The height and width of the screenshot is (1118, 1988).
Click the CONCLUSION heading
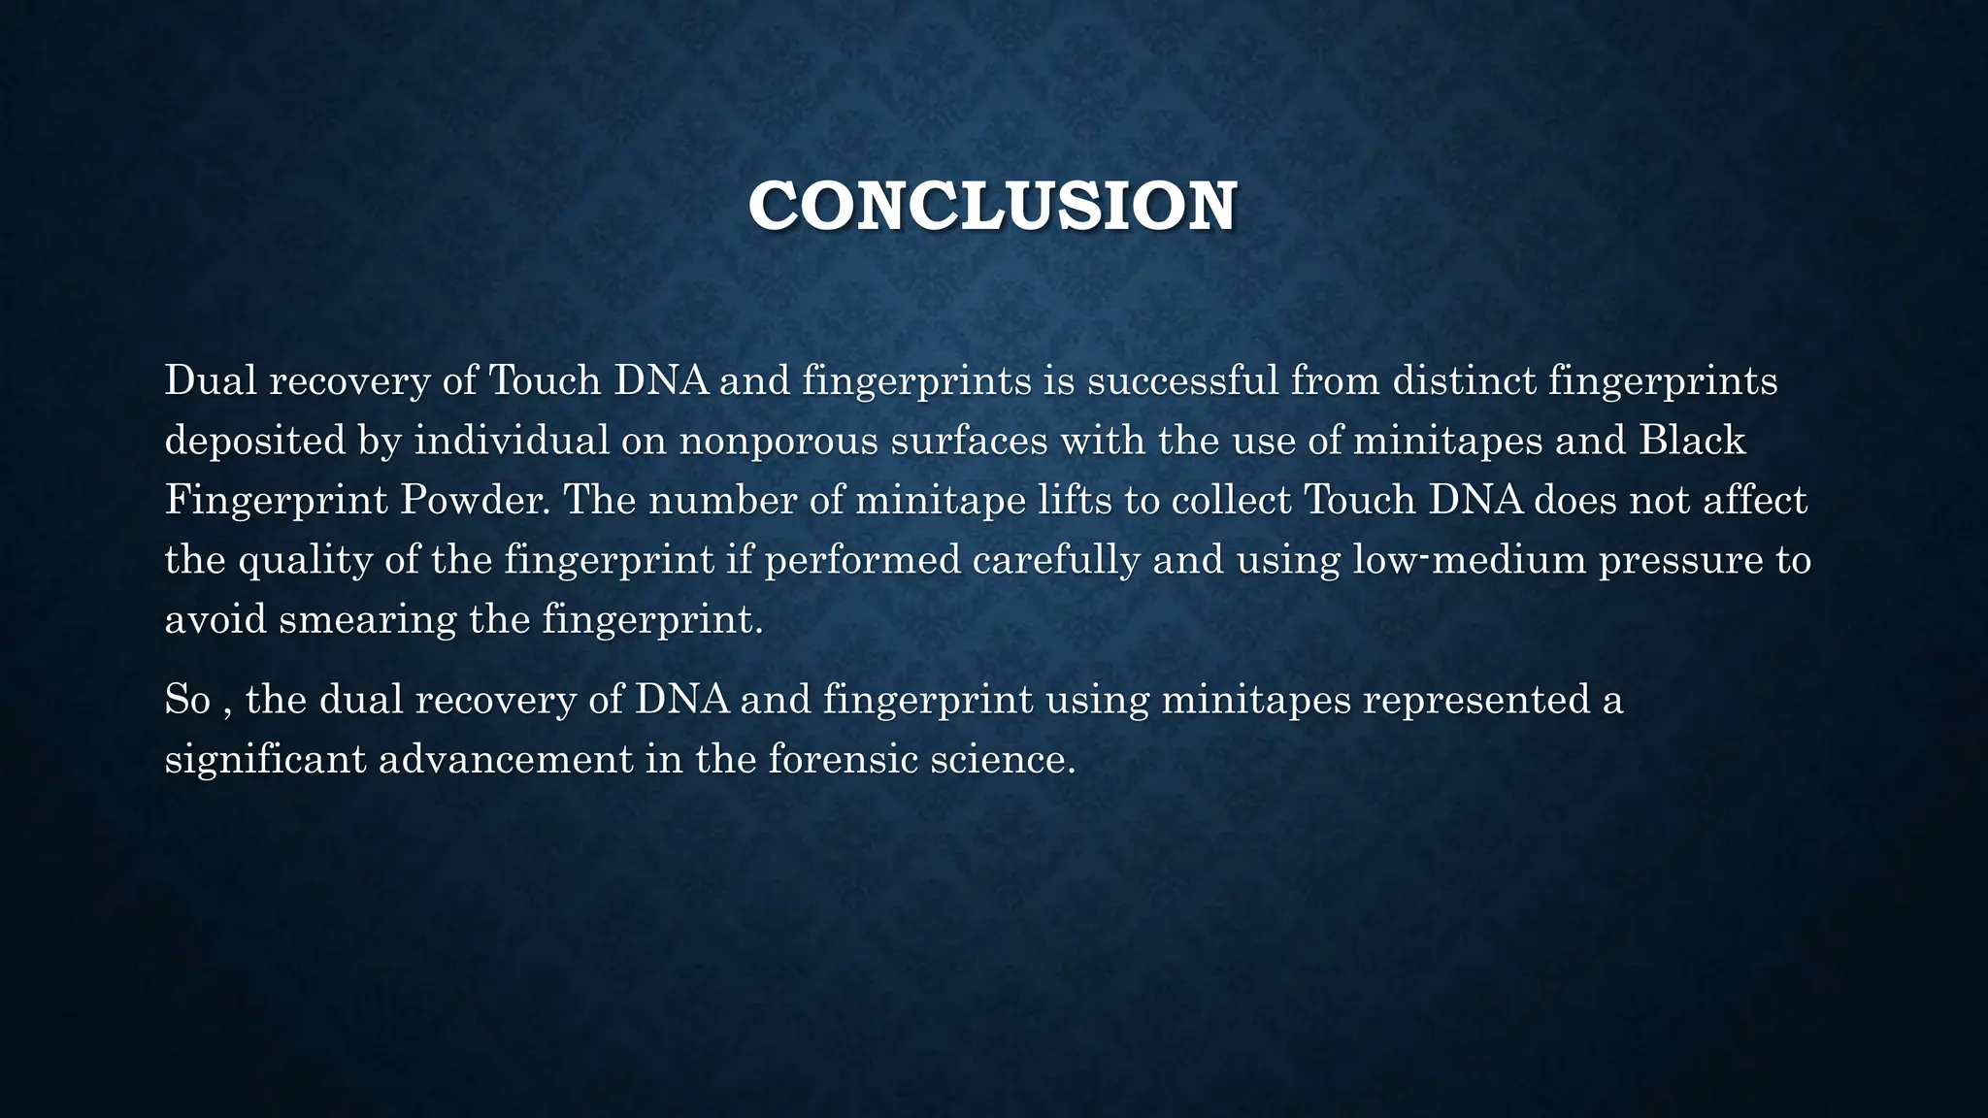coord(992,206)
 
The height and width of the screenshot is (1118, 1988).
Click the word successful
coord(1182,380)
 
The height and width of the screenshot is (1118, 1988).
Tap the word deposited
coord(255,441)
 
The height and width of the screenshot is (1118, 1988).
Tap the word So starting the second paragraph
coord(187,700)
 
